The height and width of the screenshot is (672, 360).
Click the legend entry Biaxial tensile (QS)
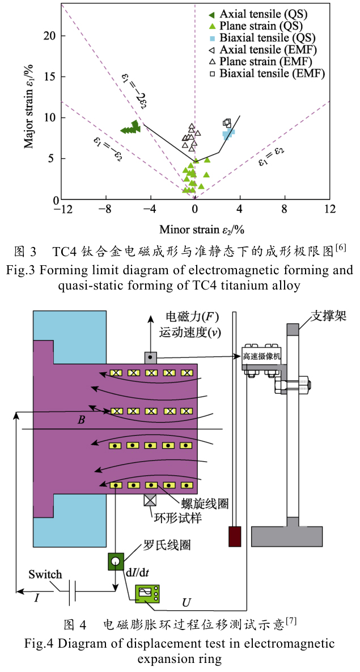coord(266,38)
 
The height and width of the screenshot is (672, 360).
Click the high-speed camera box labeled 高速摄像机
coord(262,356)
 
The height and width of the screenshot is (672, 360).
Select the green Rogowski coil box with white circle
coord(115,562)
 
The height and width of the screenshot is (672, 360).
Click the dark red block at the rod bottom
coord(235,537)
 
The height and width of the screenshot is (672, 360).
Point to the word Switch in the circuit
coord(45,575)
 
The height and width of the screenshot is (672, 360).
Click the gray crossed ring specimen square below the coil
coord(150,501)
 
